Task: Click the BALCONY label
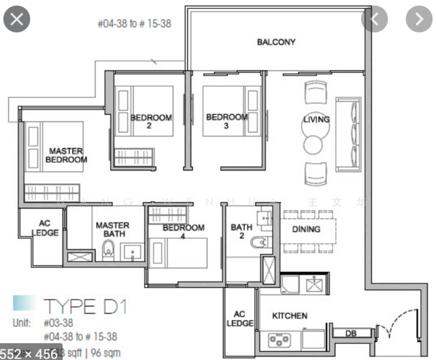click(276, 42)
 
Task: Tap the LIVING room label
click(316, 119)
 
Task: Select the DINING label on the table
click(306, 229)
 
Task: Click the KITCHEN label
click(290, 316)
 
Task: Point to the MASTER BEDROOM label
click(66, 155)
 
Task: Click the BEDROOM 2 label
click(151, 122)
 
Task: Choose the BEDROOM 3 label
click(226, 121)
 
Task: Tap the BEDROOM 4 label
click(183, 232)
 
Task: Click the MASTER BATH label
click(112, 230)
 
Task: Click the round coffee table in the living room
click(313, 144)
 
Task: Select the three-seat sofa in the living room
click(348, 133)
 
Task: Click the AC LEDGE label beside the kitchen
click(240, 319)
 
